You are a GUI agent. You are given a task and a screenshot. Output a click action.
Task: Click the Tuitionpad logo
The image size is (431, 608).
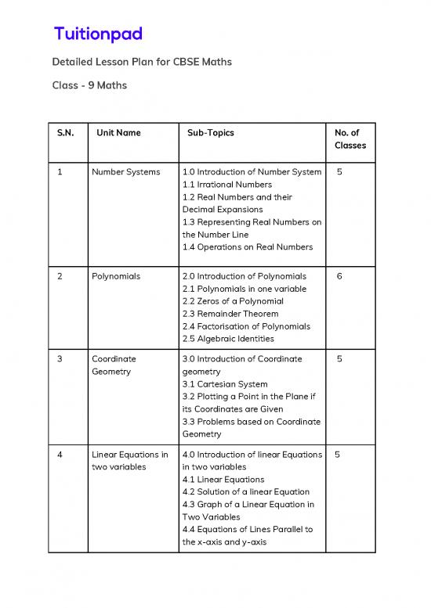[x=97, y=34]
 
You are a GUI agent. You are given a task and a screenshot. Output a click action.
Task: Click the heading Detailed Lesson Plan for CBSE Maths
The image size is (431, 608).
[x=141, y=61]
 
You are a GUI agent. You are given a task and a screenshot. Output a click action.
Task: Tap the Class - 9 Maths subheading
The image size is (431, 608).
[x=89, y=85]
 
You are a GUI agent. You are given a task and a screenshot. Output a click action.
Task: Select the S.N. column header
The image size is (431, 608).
[x=66, y=133]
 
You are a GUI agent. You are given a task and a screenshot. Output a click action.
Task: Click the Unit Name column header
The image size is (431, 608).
[x=118, y=133]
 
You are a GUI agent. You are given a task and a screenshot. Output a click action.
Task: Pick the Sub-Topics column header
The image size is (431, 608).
[x=210, y=133]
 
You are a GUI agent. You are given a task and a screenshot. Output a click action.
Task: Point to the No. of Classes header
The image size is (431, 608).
[x=350, y=139]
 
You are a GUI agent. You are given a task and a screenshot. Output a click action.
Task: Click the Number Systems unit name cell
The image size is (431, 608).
[x=125, y=172]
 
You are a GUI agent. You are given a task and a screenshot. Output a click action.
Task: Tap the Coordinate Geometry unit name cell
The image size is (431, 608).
[x=114, y=365]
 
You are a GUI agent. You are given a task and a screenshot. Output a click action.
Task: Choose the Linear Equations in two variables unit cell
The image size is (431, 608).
[x=129, y=461]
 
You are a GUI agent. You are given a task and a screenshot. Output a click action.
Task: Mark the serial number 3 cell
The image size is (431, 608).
[x=60, y=359]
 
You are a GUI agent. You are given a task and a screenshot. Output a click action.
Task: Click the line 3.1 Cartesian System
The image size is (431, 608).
[x=224, y=384]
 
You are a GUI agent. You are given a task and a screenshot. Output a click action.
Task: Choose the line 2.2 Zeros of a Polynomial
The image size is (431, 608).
[x=233, y=301]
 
